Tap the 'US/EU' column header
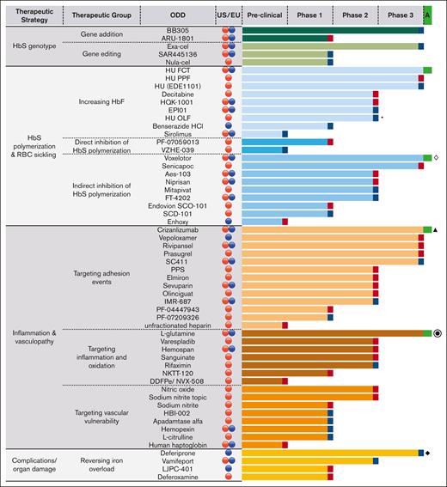pyautogui.click(x=228, y=15)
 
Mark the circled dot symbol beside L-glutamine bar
pyautogui.click(x=438, y=333)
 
